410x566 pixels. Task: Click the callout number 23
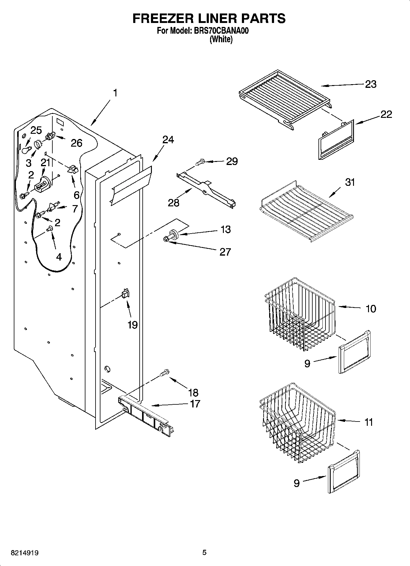point(371,84)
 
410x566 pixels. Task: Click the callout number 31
point(350,182)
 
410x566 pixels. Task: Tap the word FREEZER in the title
point(161,19)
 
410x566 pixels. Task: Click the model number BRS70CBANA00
point(220,31)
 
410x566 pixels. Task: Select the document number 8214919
point(24,553)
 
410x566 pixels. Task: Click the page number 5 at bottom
point(204,553)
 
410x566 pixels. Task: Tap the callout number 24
point(168,140)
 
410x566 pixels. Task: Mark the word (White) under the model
point(221,39)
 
